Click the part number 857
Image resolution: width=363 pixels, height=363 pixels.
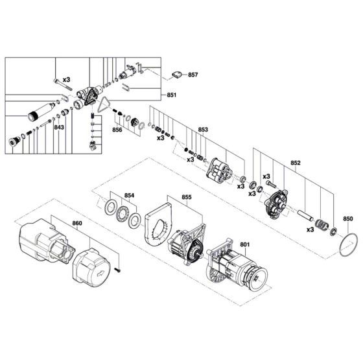pyautogui.click(x=193, y=75)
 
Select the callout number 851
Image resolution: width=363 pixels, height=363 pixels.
pyautogui.click(x=172, y=95)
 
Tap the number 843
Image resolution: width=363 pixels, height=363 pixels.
pyautogui.click(x=59, y=128)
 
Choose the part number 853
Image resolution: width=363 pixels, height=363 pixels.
pyautogui.click(x=203, y=130)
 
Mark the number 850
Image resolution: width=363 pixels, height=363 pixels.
pyautogui.click(x=347, y=219)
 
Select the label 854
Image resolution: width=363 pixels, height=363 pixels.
pyautogui.click(x=129, y=194)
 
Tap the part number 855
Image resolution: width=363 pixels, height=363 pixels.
pyautogui.click(x=187, y=197)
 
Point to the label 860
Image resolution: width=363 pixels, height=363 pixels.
pyautogui.click(x=77, y=223)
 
